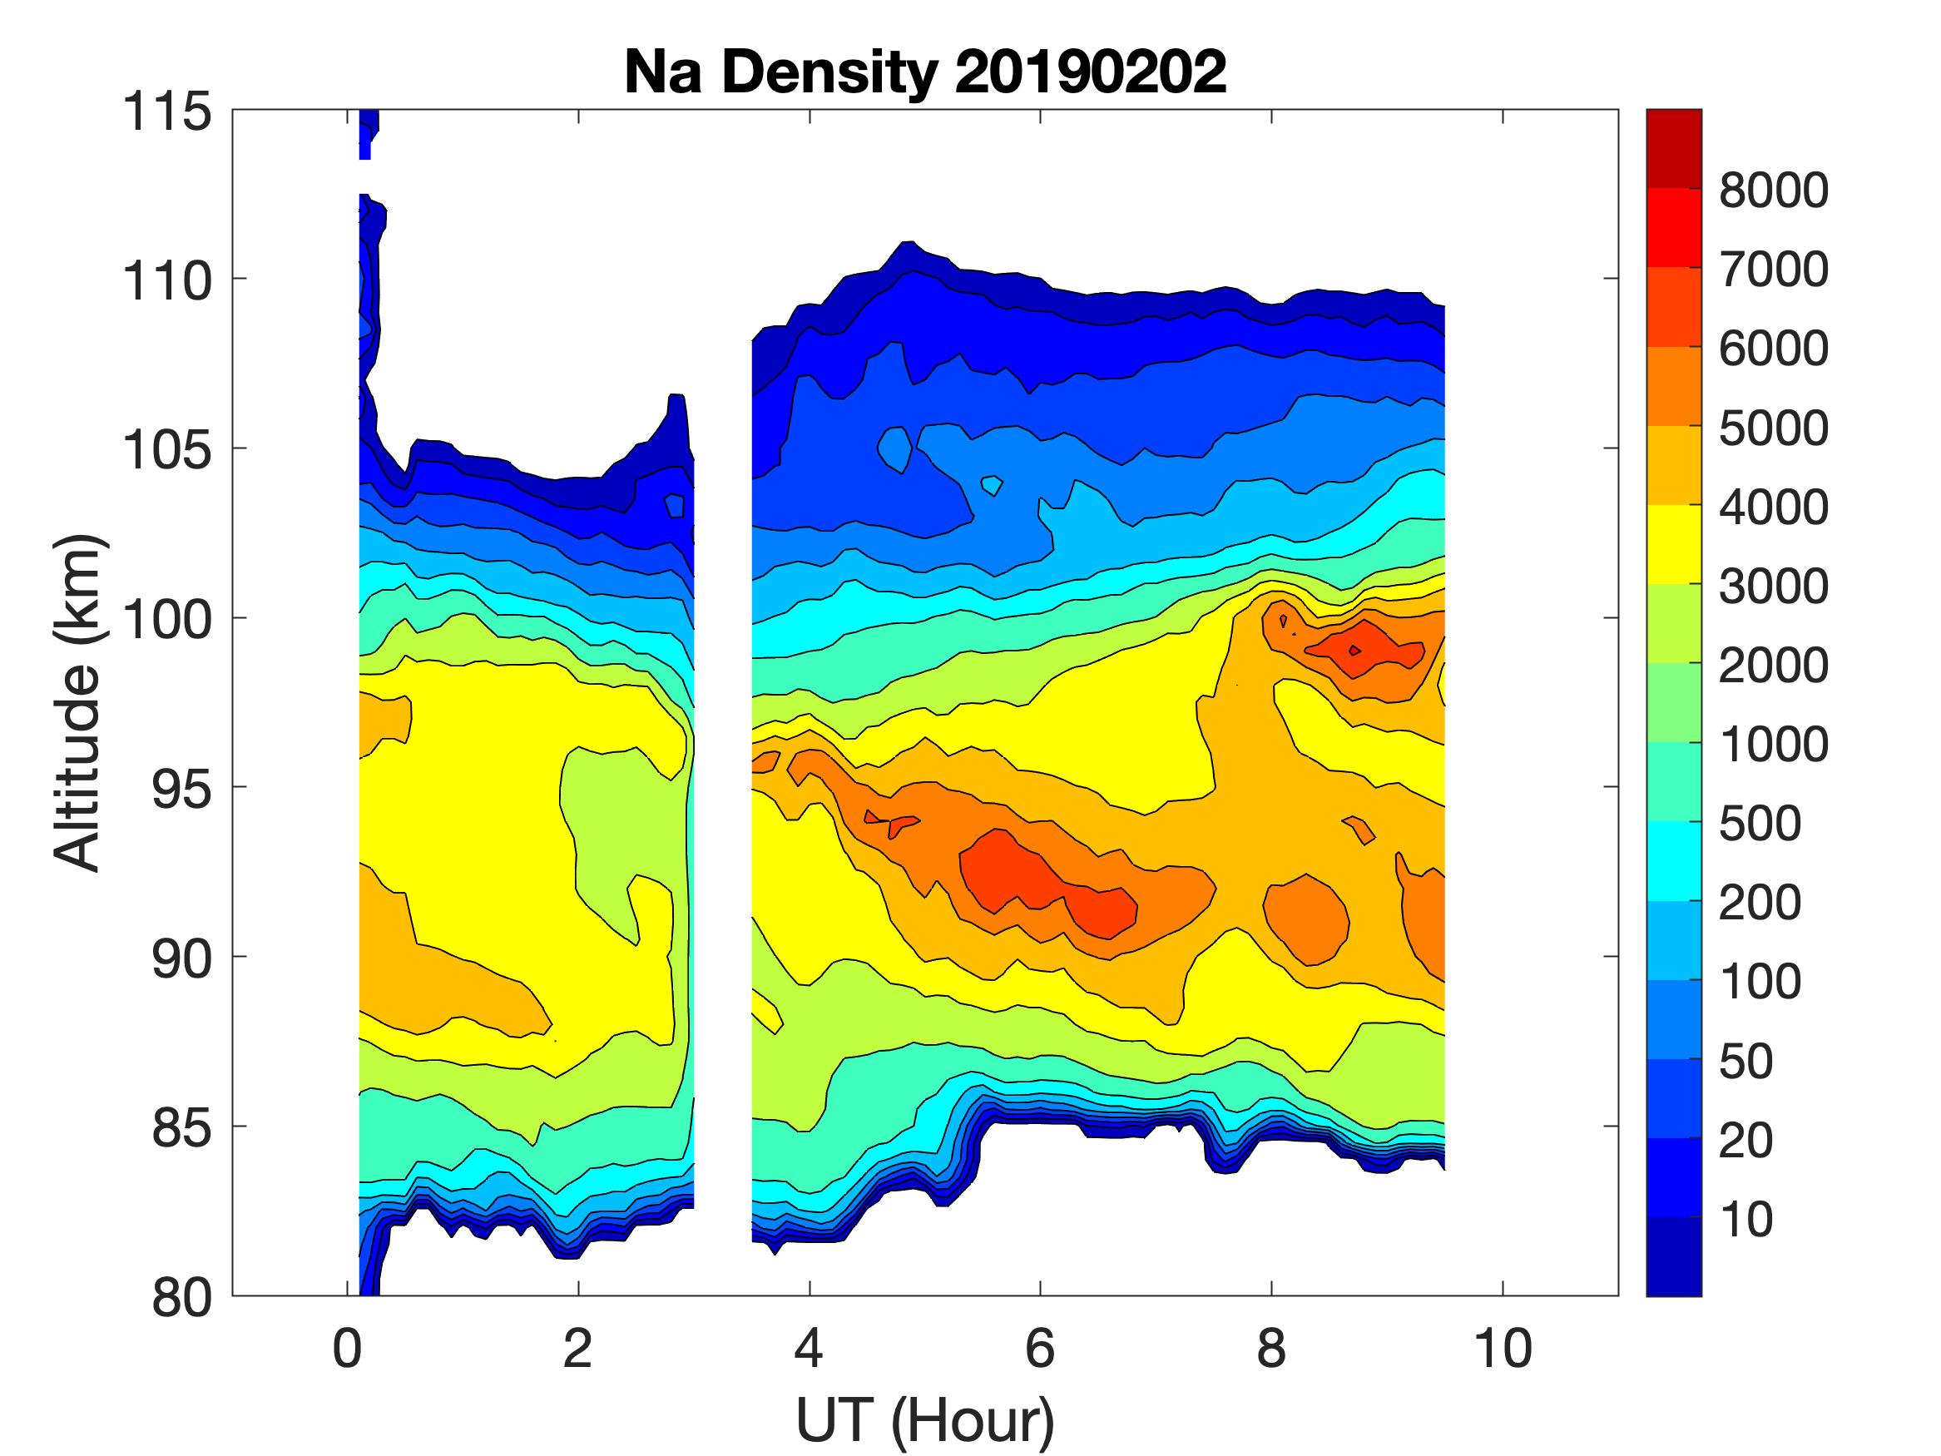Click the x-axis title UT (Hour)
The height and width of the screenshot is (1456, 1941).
(x=925, y=1419)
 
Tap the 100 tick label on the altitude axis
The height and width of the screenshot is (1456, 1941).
(x=166, y=619)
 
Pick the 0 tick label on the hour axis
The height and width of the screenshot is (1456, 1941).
(x=348, y=1348)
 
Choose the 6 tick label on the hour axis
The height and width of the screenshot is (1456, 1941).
(x=1040, y=1348)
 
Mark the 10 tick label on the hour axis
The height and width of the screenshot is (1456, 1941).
(x=1503, y=1348)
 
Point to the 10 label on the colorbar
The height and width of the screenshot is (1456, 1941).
(x=1747, y=1219)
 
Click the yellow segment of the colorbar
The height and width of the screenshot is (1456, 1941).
(x=1673, y=544)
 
